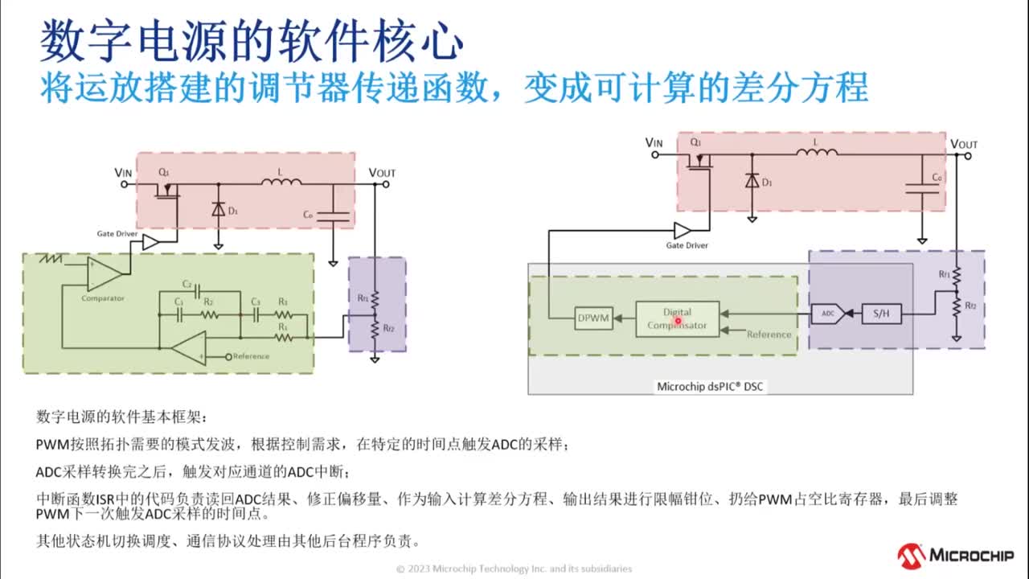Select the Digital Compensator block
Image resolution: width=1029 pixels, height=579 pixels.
(677, 318)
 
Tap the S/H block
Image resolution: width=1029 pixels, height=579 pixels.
(881, 314)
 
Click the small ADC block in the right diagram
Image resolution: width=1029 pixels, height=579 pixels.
(827, 314)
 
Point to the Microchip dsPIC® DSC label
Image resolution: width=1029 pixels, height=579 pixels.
(711, 387)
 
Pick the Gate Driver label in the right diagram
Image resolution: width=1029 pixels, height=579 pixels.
(687, 245)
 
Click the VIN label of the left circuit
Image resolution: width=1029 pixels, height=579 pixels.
(123, 172)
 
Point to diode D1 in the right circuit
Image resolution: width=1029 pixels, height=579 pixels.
(752, 182)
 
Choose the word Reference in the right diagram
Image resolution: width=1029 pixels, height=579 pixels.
(769, 335)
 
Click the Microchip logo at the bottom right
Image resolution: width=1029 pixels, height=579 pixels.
(955, 555)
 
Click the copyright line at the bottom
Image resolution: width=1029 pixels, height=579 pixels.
(514, 569)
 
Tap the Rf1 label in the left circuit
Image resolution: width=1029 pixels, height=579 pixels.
(363, 298)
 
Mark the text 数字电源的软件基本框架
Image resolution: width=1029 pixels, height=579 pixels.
(121, 417)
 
